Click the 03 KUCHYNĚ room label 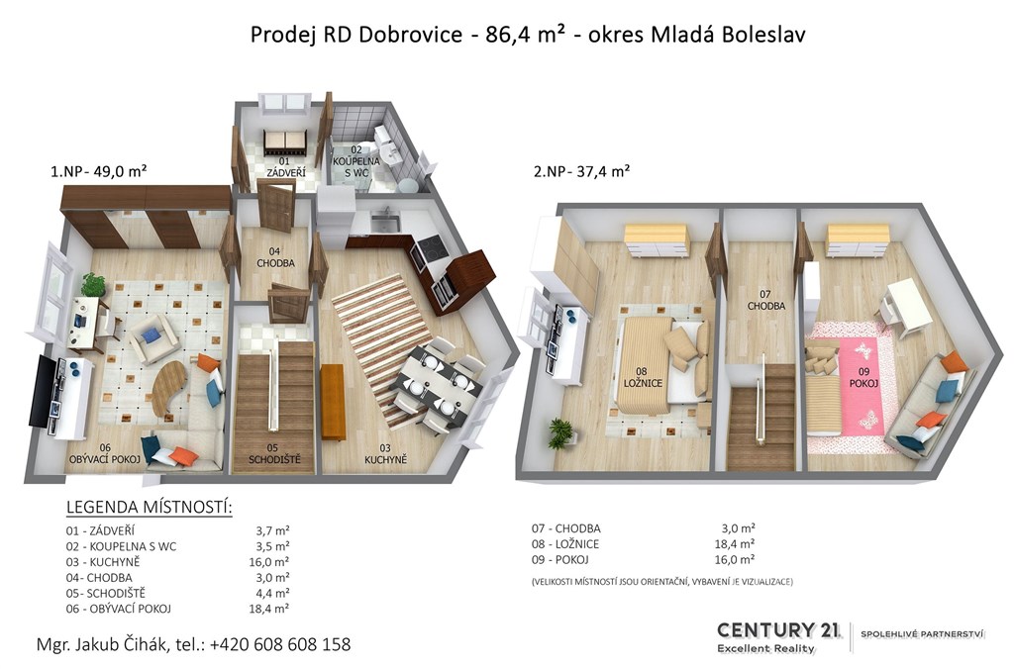point(385,454)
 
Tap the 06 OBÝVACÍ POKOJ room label point(105,454)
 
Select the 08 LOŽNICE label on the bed point(643,377)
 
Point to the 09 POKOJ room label point(863,377)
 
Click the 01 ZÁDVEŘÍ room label point(285,167)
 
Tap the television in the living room point(43,390)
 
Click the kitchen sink point(385,222)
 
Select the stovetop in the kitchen point(429,248)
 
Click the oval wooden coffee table point(168,386)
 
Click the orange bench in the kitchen point(332,402)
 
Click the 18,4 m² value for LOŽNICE point(735,544)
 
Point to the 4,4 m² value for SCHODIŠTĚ point(272,594)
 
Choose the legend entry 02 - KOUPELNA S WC point(121,547)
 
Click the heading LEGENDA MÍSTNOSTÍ point(149,507)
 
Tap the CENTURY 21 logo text point(778,629)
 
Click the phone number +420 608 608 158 point(280,644)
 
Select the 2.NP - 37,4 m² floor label point(581,171)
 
